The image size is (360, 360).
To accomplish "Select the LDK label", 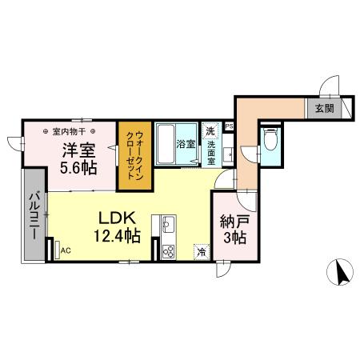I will (119, 218).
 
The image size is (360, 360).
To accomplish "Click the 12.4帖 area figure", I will (119, 236).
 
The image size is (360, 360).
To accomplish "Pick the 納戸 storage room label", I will (234, 222).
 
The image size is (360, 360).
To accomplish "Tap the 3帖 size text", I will (234, 239).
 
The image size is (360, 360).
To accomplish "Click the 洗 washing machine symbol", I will (210, 131).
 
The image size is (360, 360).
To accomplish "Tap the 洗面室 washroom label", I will (211, 152).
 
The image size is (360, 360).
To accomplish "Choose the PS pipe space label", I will (229, 126).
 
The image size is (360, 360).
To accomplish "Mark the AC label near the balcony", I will (65, 249).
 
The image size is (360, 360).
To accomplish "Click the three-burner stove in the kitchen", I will (169, 250).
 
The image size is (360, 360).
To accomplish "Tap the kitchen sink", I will (169, 222).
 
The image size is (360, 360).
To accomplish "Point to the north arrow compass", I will (342, 273).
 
